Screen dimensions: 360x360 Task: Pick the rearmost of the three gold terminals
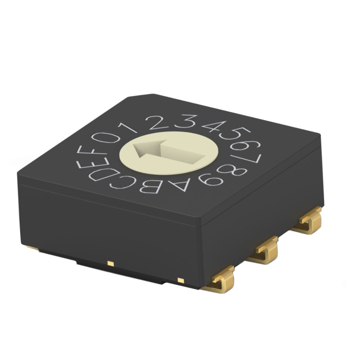point(308,220)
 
